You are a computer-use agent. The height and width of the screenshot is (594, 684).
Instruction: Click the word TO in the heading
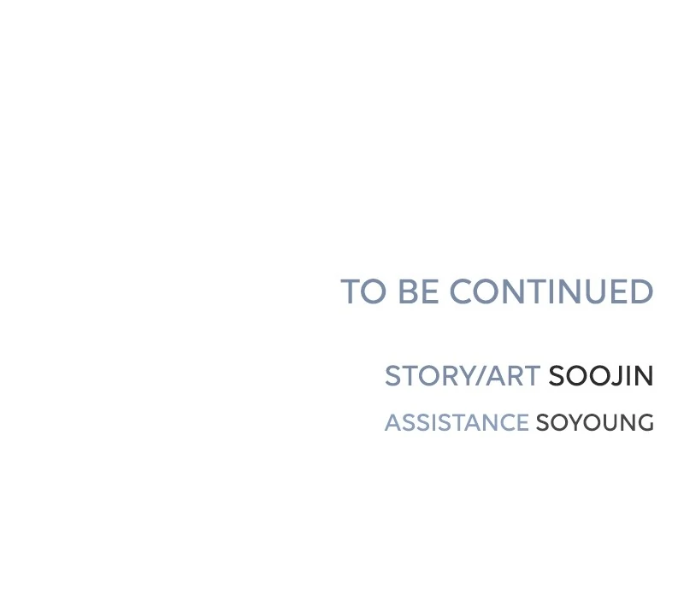click(363, 291)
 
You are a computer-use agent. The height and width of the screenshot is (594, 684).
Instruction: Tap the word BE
click(419, 291)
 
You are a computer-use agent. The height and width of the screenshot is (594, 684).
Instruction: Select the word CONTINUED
click(551, 291)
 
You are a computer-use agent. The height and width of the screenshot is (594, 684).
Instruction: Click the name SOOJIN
click(601, 376)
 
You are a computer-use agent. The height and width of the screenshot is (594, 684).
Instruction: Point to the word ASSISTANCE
click(457, 422)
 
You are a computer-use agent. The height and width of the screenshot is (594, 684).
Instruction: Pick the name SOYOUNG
click(595, 422)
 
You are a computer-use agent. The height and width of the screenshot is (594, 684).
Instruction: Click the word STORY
click(429, 376)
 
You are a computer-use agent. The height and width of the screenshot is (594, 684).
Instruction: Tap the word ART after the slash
click(513, 376)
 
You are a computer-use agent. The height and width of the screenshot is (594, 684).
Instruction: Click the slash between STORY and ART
click(480, 376)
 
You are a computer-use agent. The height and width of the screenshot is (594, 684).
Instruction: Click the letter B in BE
click(409, 291)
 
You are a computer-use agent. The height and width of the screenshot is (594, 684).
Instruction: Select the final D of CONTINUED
click(642, 291)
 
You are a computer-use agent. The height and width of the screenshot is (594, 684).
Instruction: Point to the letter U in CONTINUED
click(594, 291)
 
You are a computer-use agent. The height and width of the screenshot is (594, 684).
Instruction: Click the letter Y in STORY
click(464, 376)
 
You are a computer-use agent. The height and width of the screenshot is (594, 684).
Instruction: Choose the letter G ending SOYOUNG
click(645, 422)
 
